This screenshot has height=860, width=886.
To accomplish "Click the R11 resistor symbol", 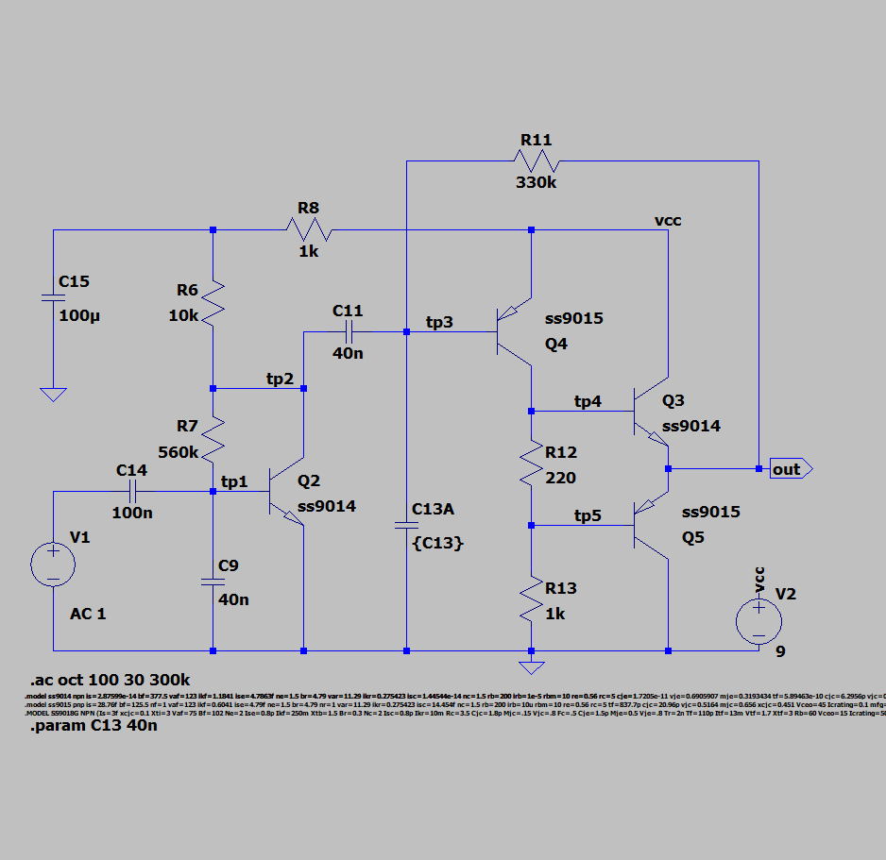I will (535, 160).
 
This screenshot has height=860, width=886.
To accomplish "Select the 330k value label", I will (536, 182).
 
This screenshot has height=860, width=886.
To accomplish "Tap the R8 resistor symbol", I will (310, 229).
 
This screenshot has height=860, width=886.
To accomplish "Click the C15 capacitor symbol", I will (54, 298).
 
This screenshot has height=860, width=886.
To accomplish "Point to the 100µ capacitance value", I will (78, 315).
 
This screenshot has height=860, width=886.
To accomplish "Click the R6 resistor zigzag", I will (213, 299).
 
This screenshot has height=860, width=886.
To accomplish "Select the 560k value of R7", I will (179, 452).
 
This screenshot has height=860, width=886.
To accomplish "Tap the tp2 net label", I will (280, 379).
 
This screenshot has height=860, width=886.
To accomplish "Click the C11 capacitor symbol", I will (348, 331).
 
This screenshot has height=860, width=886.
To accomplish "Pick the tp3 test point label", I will (439, 323).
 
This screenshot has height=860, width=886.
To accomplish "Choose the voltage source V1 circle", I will (54, 565).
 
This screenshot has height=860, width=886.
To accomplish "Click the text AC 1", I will (88, 614).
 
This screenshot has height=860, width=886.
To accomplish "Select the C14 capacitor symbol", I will (132, 491).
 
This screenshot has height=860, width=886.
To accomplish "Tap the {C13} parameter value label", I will (438, 544).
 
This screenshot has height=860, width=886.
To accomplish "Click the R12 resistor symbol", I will (531, 466).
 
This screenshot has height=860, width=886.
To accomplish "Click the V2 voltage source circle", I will (758, 621).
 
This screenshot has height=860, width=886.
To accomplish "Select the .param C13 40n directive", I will (94, 727).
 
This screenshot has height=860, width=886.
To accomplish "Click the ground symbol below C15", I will (54, 394).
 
